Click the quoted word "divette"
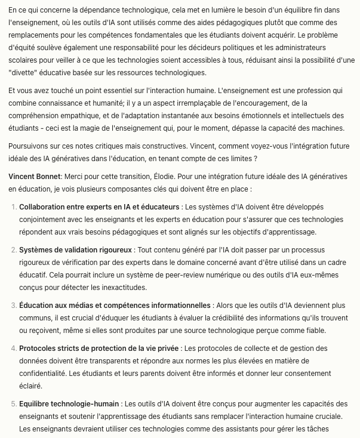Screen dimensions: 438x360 click(x=24, y=72)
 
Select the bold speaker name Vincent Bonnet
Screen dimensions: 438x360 click(x=35, y=177)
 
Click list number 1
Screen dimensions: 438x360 click(x=14, y=206)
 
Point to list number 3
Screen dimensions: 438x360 click(x=14, y=306)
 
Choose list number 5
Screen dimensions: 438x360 click(x=14, y=404)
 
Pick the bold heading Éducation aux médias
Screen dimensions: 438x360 click(x=115, y=306)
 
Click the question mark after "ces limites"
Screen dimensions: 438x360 click(x=255, y=159)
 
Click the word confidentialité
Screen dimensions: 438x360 click(x=45, y=373)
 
